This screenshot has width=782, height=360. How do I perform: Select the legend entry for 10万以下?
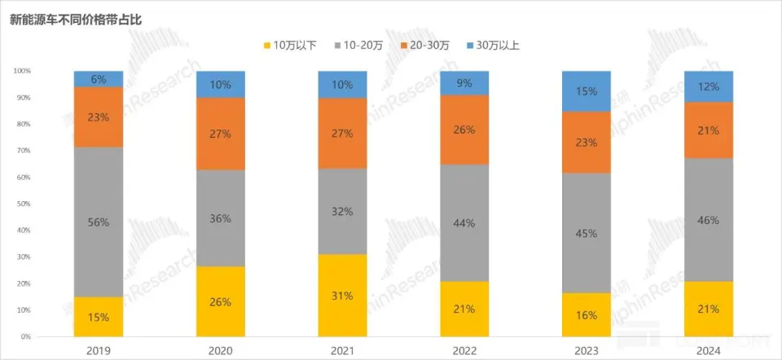pos(292,46)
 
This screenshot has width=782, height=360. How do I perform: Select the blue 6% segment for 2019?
pos(99,79)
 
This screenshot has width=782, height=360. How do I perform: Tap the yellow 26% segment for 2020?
pos(221,301)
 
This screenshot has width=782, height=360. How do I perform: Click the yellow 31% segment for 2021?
pos(343,295)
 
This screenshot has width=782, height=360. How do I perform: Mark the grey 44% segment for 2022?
pos(464,223)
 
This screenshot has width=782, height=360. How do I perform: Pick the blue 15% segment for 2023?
pos(586,91)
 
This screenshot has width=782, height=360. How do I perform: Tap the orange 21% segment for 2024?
pos(709,130)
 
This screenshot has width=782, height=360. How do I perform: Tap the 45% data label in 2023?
pos(586,233)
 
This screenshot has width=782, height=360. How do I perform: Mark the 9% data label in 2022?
pos(464,82)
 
